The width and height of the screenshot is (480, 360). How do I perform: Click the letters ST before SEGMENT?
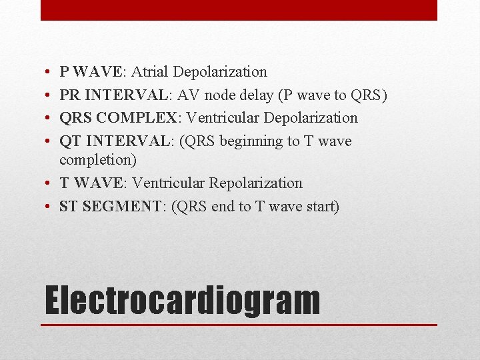click(x=68, y=206)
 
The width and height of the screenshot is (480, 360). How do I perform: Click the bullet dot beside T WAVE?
click(x=50, y=183)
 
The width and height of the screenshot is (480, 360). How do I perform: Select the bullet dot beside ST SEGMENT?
click(x=50, y=207)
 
